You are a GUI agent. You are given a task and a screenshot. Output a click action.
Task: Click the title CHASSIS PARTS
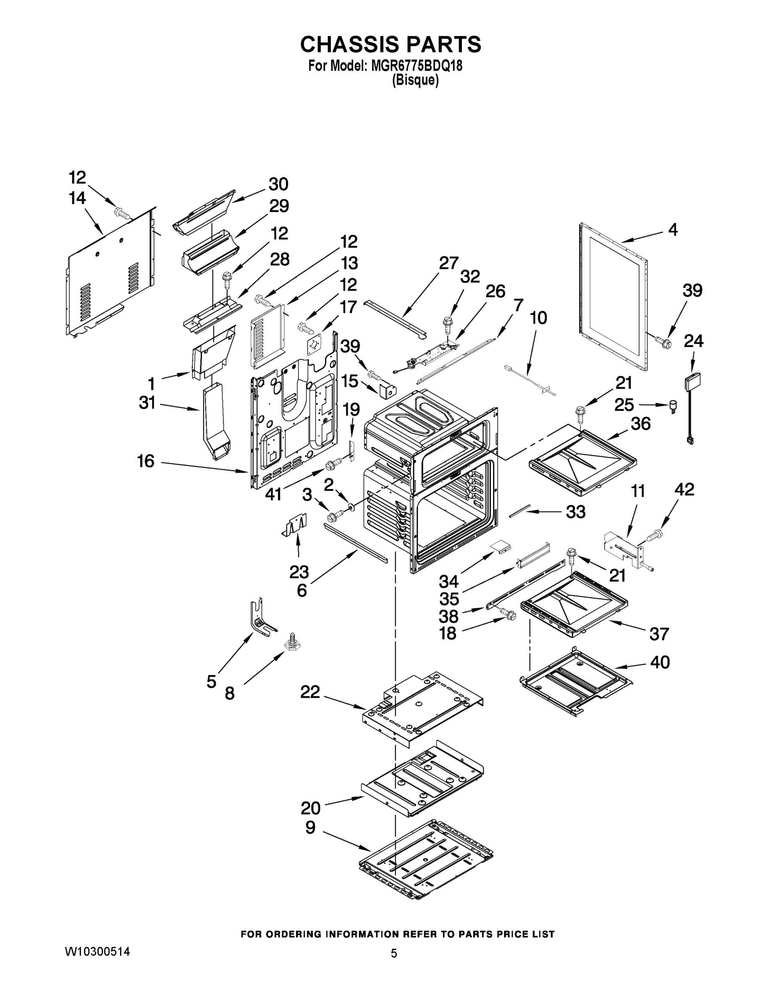(391, 45)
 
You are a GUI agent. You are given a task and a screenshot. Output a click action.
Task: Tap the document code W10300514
(97, 951)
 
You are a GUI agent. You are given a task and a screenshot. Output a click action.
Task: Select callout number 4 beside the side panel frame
(673, 229)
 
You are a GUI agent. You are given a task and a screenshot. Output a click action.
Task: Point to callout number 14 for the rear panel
(78, 199)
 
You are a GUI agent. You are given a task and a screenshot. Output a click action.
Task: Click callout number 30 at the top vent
(278, 184)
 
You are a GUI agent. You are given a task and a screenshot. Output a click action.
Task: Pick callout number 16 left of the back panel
(146, 461)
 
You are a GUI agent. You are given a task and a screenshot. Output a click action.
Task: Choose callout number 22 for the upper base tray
(310, 691)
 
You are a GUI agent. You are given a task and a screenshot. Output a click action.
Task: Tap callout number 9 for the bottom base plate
(310, 827)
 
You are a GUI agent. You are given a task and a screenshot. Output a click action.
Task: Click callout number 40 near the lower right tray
(660, 662)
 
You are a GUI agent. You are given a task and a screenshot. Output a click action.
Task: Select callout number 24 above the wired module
(693, 341)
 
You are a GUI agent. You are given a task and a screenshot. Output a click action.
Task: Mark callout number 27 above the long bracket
(448, 263)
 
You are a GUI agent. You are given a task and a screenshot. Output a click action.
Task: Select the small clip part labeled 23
(295, 526)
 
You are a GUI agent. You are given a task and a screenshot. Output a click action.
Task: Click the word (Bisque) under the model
(415, 81)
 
